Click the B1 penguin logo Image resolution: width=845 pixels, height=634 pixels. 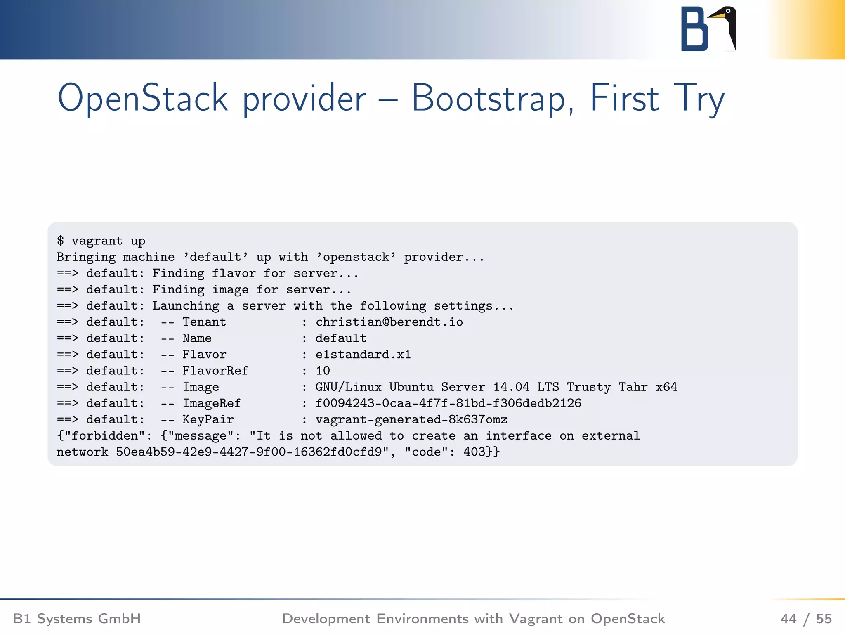tap(708, 29)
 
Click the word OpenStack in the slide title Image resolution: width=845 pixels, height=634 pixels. tap(142, 98)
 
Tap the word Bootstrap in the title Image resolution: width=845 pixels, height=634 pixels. tap(489, 98)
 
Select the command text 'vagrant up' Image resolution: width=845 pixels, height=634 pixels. tap(108, 241)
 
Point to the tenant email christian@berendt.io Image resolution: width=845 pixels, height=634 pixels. tap(389, 322)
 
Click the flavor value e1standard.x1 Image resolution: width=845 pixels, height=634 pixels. tap(363, 355)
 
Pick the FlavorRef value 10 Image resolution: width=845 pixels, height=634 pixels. tap(323, 371)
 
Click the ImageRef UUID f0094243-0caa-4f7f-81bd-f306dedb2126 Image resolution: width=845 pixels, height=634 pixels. tap(448, 403)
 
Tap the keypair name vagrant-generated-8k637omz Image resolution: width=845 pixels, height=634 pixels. tap(411, 419)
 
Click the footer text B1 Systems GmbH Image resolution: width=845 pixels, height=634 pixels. tap(77, 619)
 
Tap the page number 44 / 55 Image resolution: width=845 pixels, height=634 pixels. tap(806, 619)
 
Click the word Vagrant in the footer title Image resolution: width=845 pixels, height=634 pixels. tap(535, 619)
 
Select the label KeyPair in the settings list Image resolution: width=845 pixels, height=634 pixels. tap(208, 419)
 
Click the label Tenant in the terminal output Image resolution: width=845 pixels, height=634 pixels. tap(204, 322)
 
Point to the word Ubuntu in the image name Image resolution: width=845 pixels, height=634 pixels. tap(411, 387)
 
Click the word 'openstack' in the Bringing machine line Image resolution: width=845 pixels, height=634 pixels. tap(356, 257)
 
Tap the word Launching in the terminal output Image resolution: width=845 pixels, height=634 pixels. tap(186, 306)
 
